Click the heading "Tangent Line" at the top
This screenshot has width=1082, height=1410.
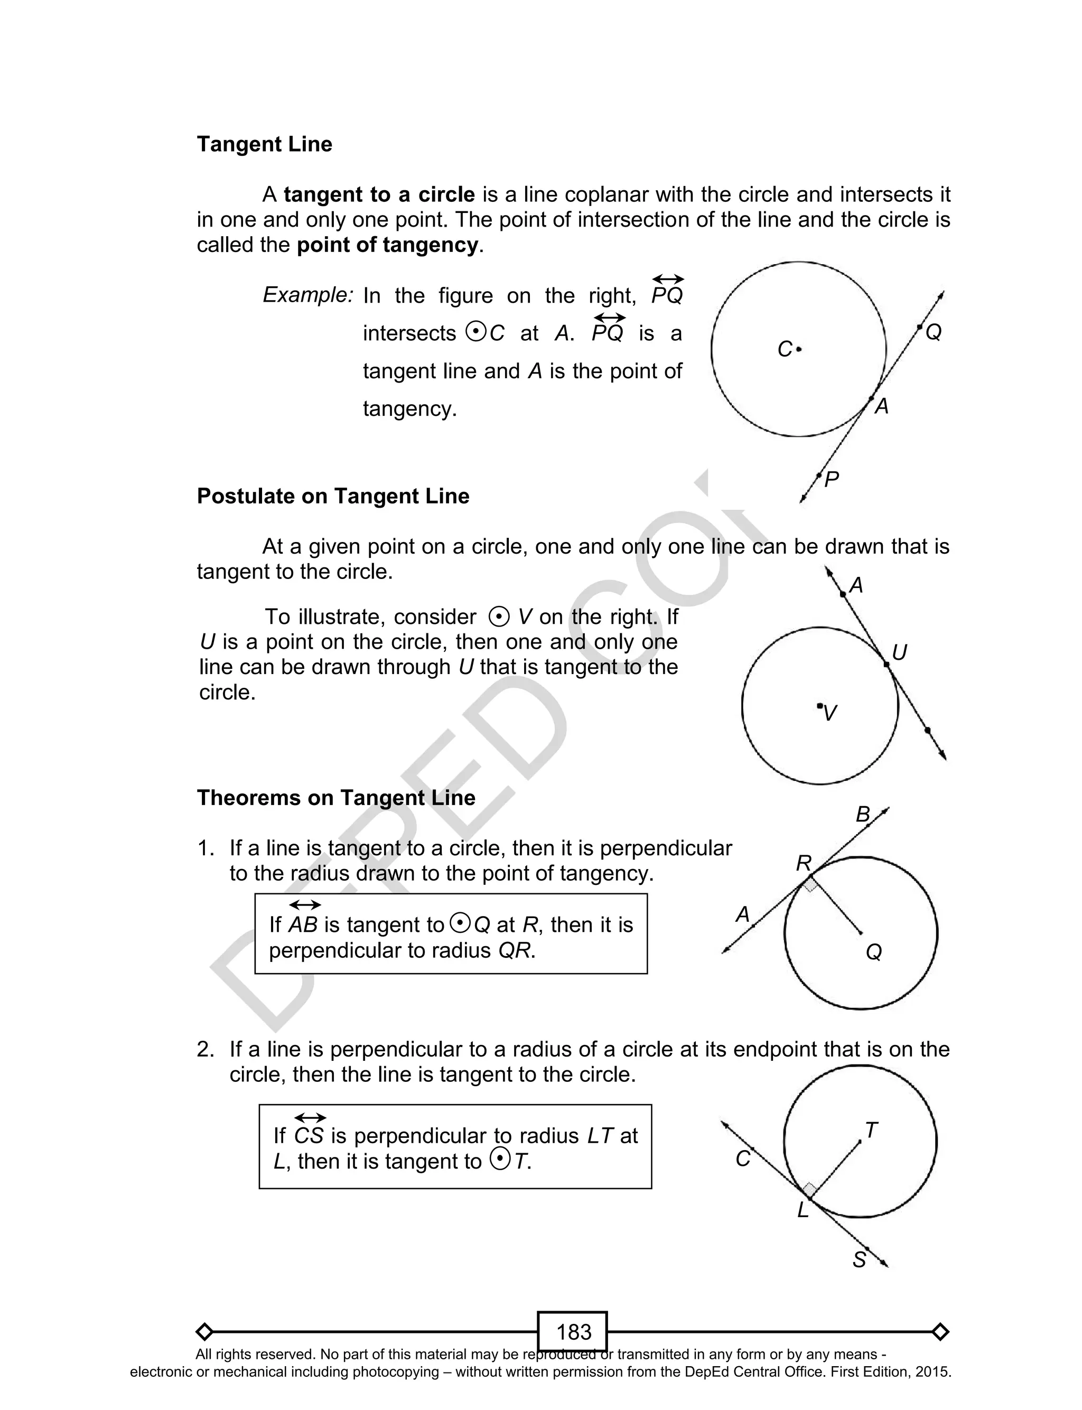point(264,144)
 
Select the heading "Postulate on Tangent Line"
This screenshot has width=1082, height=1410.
point(333,497)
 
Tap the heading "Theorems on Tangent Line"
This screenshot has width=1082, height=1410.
point(335,798)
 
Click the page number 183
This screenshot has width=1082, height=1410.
point(573,1331)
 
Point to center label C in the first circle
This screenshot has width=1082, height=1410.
point(785,350)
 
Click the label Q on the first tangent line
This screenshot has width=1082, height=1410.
point(933,333)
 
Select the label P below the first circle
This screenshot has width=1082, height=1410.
point(832,480)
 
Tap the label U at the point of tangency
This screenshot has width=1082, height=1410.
point(900,653)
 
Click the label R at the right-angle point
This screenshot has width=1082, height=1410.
point(804,863)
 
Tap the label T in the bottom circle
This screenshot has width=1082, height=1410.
point(871,1131)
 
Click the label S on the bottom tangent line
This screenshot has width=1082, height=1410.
point(859,1260)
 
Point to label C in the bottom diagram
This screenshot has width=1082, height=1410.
point(743,1159)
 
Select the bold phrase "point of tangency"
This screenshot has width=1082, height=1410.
point(388,245)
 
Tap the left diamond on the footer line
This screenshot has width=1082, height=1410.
point(204,1331)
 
